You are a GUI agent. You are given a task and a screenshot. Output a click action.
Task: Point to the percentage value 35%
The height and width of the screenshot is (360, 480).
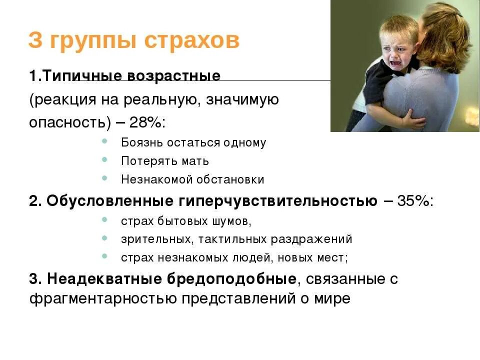tap(414, 201)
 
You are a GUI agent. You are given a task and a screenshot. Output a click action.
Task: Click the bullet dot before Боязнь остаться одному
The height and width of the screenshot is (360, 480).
tap(104, 142)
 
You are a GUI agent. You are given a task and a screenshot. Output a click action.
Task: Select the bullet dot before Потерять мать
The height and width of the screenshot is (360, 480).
tap(104, 160)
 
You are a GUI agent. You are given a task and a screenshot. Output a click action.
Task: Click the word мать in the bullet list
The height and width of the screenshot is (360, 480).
tap(195, 161)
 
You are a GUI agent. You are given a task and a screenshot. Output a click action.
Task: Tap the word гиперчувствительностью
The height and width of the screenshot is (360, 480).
tap(277, 201)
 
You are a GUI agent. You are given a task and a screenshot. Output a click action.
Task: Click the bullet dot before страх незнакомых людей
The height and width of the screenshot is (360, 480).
tap(104, 257)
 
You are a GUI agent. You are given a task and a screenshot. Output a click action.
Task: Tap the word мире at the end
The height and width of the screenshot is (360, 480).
tap(332, 299)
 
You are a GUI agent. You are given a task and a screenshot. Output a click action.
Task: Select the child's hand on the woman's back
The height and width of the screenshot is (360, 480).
tap(409, 119)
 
